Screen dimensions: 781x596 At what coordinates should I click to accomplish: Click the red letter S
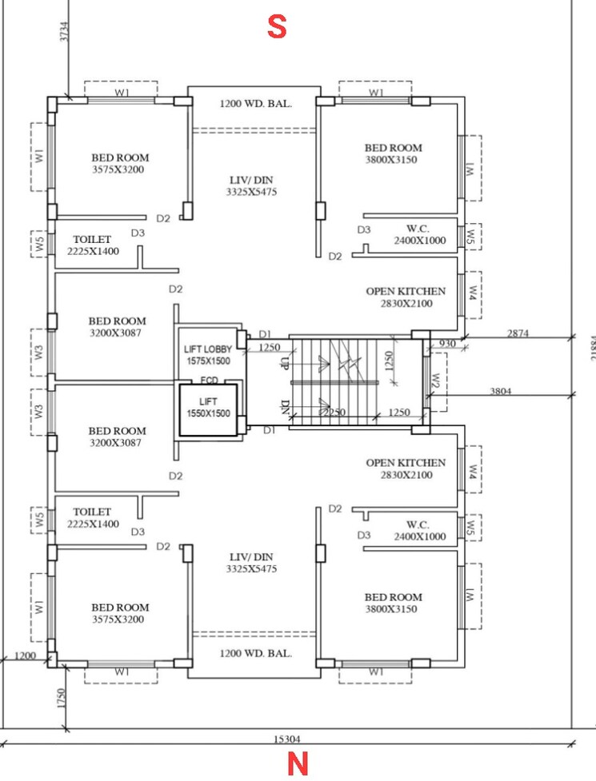(x=276, y=27)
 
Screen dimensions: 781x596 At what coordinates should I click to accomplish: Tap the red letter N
(x=298, y=765)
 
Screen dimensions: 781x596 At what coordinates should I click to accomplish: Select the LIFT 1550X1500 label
(x=208, y=408)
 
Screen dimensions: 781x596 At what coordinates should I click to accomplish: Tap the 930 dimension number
(x=446, y=343)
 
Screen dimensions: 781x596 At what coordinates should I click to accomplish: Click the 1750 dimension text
(x=61, y=697)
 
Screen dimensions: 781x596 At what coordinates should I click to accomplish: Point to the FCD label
(x=210, y=380)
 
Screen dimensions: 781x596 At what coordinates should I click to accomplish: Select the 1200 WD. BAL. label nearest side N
(x=256, y=653)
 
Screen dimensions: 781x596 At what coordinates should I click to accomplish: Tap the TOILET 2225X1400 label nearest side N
(x=93, y=517)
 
